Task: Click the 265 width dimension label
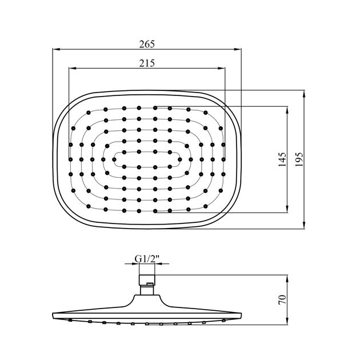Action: tap(147, 44)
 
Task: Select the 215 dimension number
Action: tap(147, 63)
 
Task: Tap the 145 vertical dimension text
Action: tap(282, 159)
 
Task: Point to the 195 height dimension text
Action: tap(299, 159)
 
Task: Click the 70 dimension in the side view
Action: tap(282, 299)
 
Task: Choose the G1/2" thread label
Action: tap(147, 259)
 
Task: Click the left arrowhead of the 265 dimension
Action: tap(56, 49)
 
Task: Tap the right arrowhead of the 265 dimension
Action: tap(238, 49)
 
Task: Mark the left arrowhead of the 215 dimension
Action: tap(73, 68)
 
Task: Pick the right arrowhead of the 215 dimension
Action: tap(222, 68)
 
